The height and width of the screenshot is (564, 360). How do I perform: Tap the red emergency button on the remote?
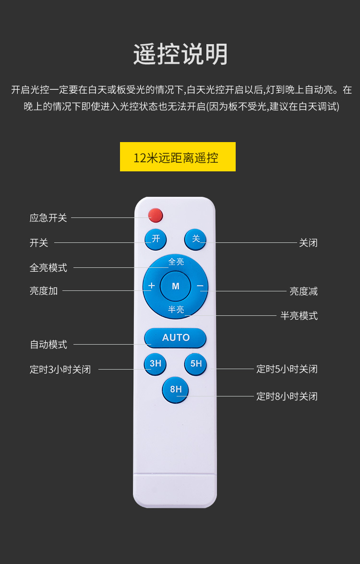click(x=156, y=215)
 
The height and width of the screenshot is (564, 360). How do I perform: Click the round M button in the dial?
click(x=175, y=286)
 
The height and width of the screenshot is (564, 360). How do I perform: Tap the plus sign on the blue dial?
click(x=151, y=286)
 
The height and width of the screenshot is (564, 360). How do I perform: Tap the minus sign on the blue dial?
click(x=200, y=286)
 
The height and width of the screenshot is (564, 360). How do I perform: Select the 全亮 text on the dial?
click(x=176, y=262)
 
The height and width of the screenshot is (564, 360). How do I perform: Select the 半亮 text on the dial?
click(x=176, y=310)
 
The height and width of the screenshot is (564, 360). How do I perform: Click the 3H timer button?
click(x=156, y=364)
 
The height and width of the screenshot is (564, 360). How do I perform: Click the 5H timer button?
click(x=196, y=364)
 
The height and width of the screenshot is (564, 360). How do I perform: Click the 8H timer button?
click(x=176, y=389)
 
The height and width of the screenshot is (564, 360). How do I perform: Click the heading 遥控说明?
click(x=180, y=54)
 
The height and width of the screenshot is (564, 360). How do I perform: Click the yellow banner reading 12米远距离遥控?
click(x=178, y=157)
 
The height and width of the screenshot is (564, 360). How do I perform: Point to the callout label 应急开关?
click(x=48, y=218)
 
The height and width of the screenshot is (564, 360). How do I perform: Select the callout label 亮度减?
click(x=303, y=291)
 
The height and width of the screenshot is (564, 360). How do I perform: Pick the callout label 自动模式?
click(x=48, y=345)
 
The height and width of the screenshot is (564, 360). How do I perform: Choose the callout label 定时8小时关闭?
click(x=287, y=396)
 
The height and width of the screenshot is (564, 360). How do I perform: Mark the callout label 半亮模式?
click(x=299, y=316)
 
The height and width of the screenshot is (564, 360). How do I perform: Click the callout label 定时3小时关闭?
click(x=60, y=370)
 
